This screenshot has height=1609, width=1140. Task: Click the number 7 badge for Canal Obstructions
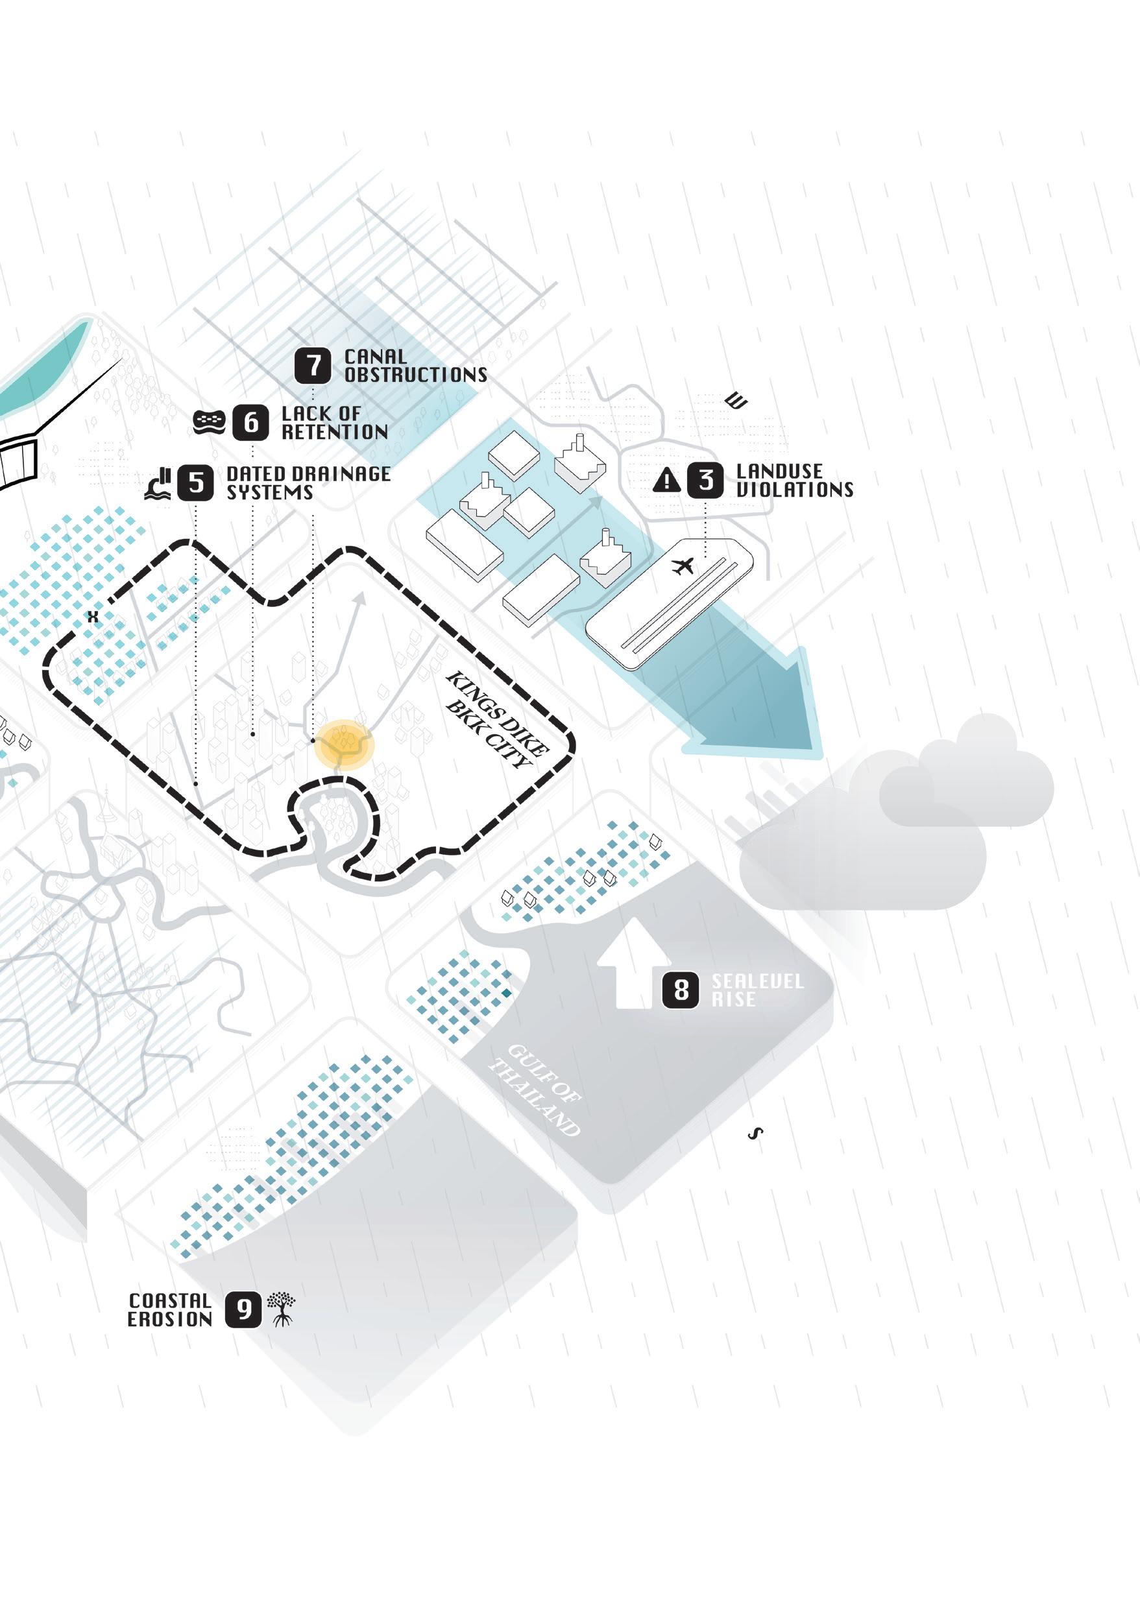click(x=312, y=366)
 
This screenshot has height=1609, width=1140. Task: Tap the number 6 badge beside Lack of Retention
click(x=250, y=422)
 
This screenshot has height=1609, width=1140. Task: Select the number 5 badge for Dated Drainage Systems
click(x=196, y=483)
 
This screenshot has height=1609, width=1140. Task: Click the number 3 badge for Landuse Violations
click(x=705, y=480)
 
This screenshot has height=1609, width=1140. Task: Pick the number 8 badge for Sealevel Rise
click(x=681, y=990)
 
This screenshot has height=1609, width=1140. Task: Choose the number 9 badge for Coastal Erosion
click(x=243, y=1309)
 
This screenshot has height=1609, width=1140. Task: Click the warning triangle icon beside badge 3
click(x=666, y=481)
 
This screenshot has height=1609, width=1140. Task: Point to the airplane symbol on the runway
click(x=683, y=565)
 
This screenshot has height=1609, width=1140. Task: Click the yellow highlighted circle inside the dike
click(x=344, y=745)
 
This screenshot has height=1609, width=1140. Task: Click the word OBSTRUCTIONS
click(x=415, y=375)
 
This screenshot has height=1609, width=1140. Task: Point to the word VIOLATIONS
click(x=795, y=489)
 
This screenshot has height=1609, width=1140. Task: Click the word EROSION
click(x=170, y=1319)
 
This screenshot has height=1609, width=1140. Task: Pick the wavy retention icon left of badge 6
click(x=209, y=422)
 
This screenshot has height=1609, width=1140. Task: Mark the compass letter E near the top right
click(x=737, y=402)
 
